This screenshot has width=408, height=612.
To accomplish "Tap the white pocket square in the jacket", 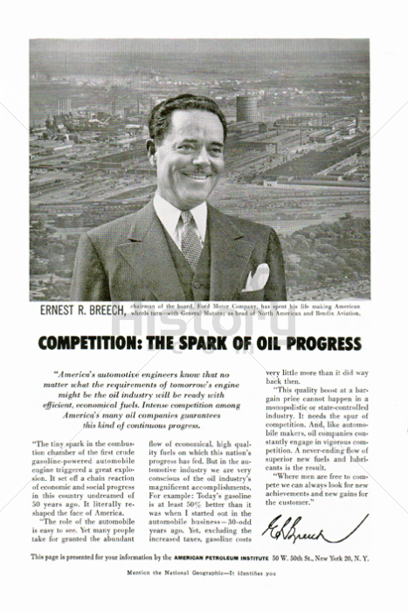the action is tap(255, 276).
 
